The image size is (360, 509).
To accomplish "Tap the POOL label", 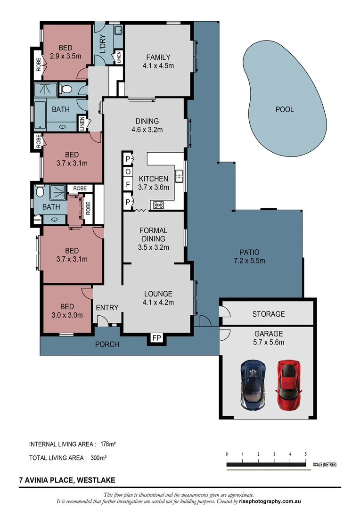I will click(x=285, y=109).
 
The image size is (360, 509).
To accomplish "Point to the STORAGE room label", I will click(x=269, y=313).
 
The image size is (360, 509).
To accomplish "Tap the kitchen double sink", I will click(x=179, y=176).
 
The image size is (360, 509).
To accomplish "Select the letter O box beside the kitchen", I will click(x=128, y=172).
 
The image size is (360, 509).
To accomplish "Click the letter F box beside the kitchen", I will click(x=128, y=185).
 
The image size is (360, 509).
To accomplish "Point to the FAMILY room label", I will click(x=158, y=57).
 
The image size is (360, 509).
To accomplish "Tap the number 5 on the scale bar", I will click(x=306, y=454).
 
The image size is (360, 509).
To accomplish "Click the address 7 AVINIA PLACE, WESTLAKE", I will click(x=67, y=481).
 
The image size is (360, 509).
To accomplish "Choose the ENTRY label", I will click(x=107, y=308).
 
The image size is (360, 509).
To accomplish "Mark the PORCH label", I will click(x=107, y=345).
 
